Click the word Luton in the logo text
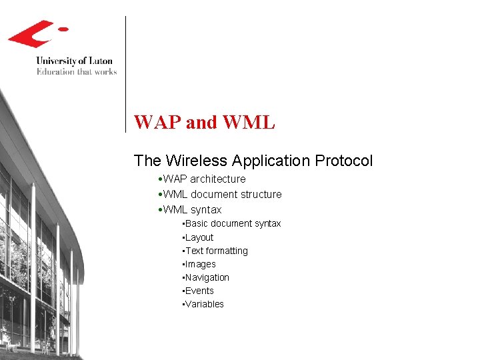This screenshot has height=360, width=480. [x=99, y=61]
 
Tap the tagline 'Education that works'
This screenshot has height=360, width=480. [x=76, y=71]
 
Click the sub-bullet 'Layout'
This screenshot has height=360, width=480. [x=199, y=237]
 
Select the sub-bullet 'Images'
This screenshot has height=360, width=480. [x=200, y=264]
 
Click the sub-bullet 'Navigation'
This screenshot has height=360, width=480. [x=207, y=277]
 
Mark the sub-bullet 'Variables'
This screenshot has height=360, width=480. [x=204, y=304]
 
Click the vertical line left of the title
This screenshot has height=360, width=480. [x=126, y=73]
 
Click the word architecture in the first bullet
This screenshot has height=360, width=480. [x=217, y=179]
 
